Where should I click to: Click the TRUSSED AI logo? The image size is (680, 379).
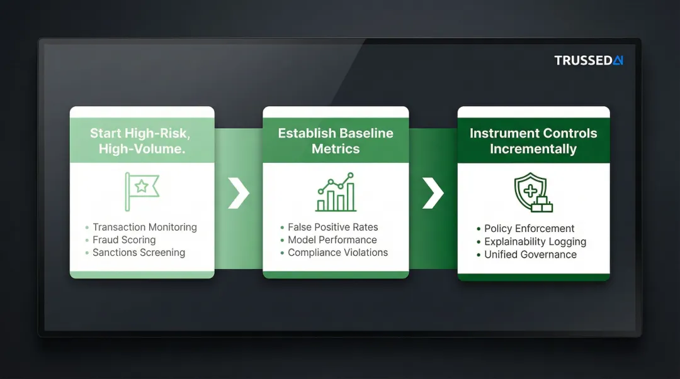pyautogui.click(x=588, y=60)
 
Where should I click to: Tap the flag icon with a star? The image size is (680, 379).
pyautogui.click(x=142, y=191)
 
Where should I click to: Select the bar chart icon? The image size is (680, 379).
pyautogui.click(x=336, y=193)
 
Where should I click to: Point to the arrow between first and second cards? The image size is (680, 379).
pyautogui.click(x=239, y=193)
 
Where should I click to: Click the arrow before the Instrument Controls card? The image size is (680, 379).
pyautogui.click(x=433, y=193)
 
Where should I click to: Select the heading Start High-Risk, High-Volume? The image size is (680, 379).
pyautogui.click(x=140, y=141)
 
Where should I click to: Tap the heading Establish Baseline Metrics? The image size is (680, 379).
pyautogui.click(x=336, y=141)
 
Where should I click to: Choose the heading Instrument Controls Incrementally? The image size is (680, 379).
pyautogui.click(x=533, y=141)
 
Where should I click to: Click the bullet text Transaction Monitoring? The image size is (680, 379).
pyautogui.click(x=144, y=227)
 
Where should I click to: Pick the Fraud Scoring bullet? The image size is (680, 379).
pyautogui.click(x=124, y=239)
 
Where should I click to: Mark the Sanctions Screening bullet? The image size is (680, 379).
pyautogui.click(x=139, y=253)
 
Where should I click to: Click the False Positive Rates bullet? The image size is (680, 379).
pyautogui.click(x=332, y=227)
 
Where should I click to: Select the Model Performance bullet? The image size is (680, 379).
pyautogui.click(x=332, y=239)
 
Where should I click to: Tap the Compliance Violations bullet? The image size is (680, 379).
pyautogui.click(x=337, y=253)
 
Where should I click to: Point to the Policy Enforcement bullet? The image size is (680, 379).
pyautogui.click(x=529, y=228)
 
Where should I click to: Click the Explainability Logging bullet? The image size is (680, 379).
pyautogui.click(x=535, y=241)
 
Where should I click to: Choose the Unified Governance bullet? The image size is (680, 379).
pyautogui.click(x=530, y=255)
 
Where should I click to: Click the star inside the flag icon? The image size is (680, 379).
pyautogui.click(x=142, y=186)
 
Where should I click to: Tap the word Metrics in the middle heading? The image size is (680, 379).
pyautogui.click(x=336, y=149)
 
